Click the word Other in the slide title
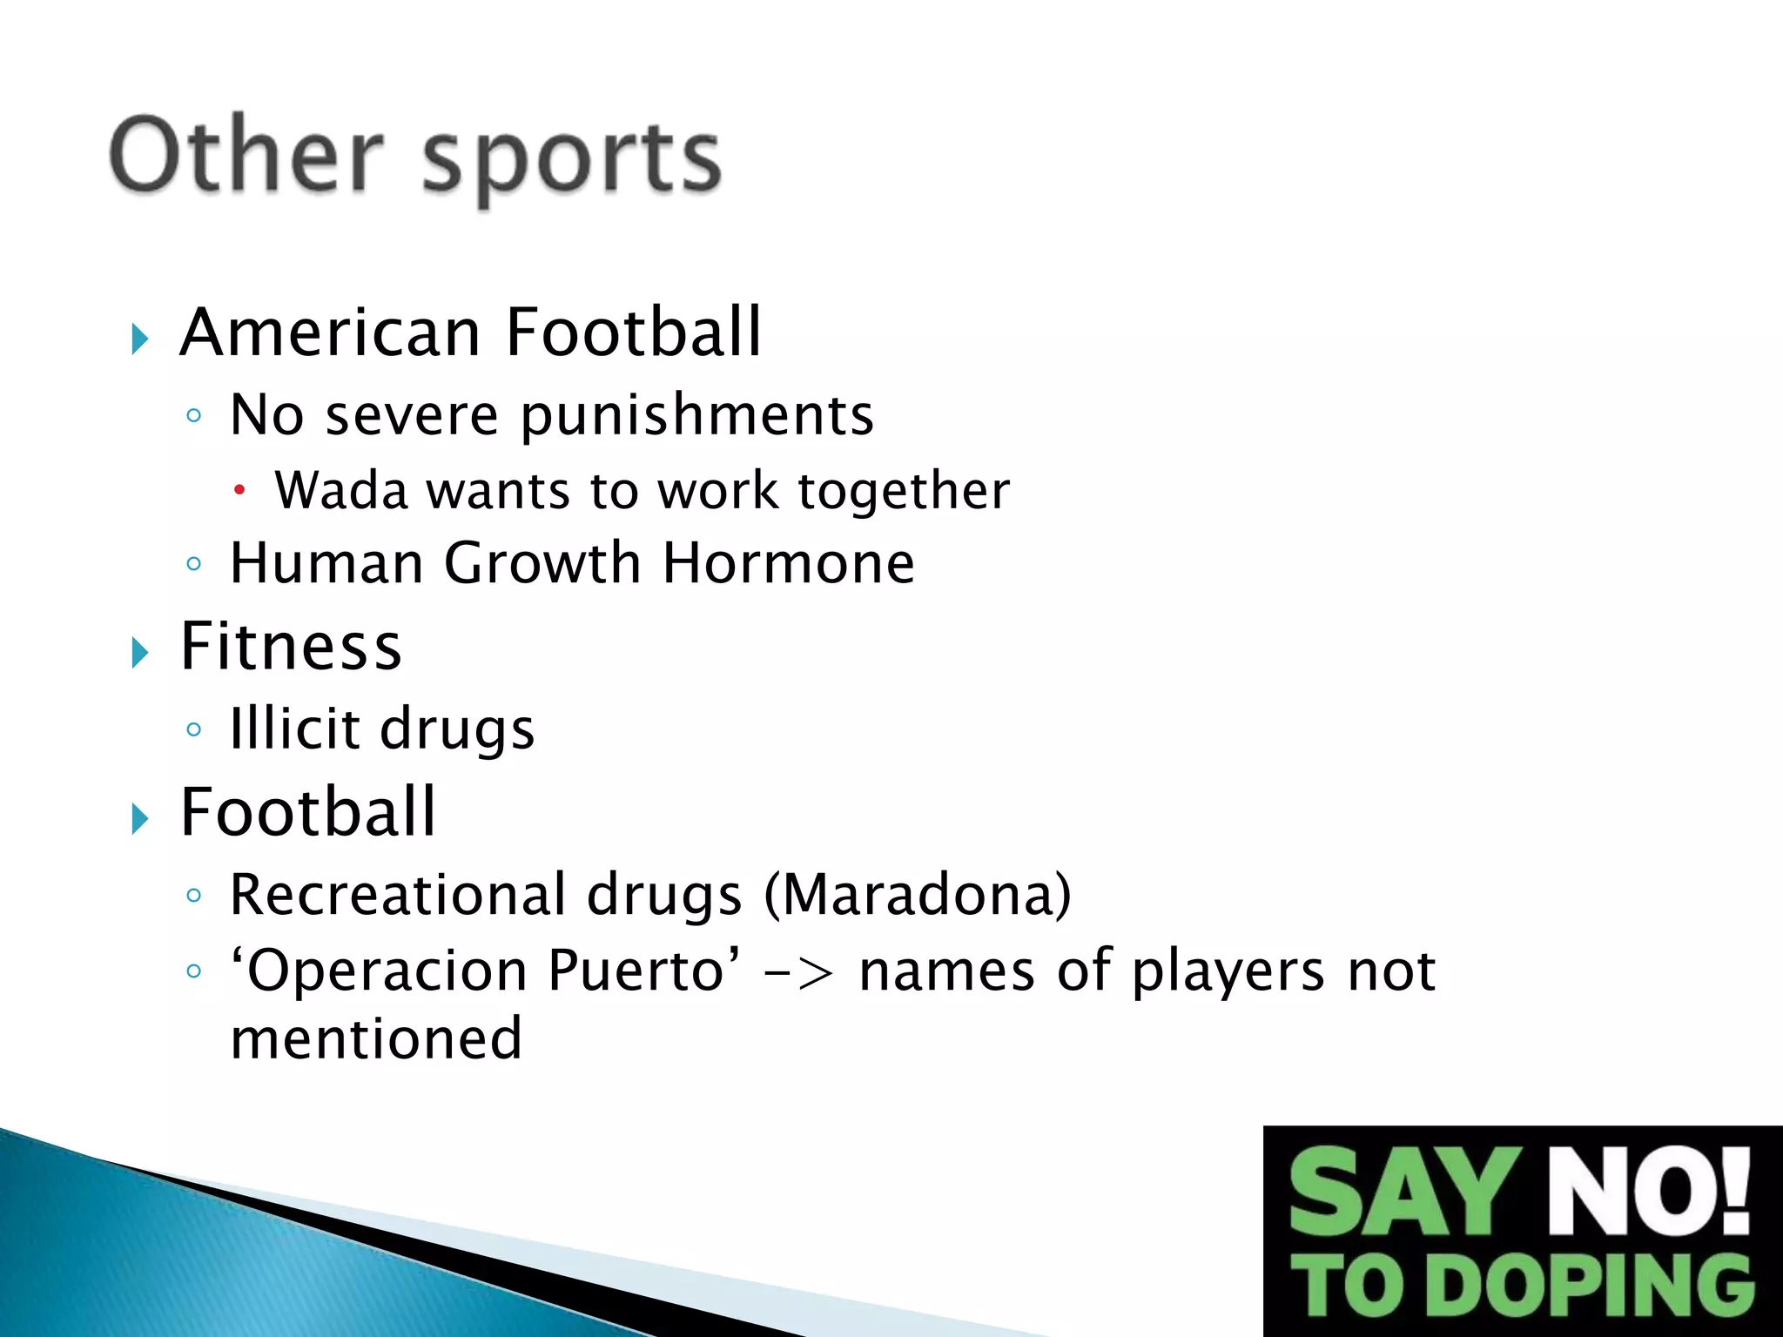246,156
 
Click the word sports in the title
572,161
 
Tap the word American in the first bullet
332,333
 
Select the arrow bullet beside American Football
140,338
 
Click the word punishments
697,415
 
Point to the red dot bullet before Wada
240,491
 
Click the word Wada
341,490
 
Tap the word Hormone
789,563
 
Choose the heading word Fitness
291,647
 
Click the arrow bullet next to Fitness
140,652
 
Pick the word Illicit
294,728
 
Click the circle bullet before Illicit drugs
194,729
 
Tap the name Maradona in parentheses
918,895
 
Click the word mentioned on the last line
376,1038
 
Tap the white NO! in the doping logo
1648,1192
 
